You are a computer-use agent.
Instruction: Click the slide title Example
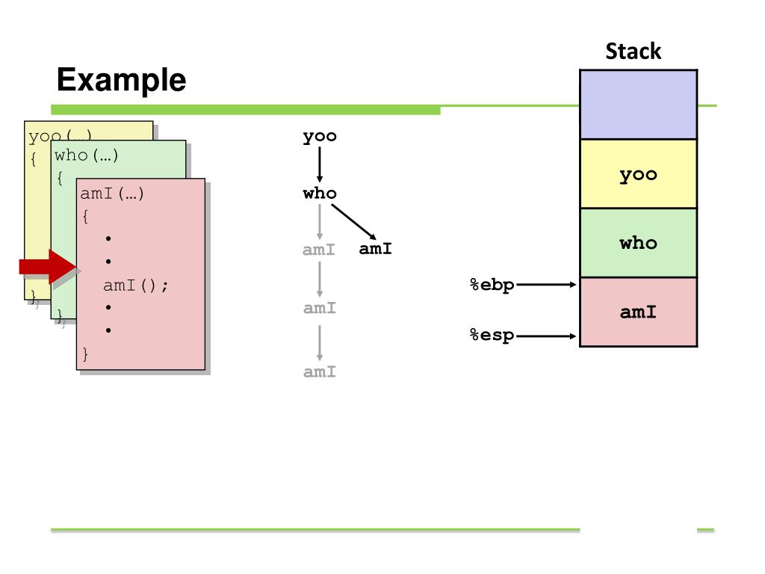coord(122,80)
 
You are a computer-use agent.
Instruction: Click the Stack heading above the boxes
coord(634,52)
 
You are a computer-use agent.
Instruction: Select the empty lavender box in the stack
coord(638,105)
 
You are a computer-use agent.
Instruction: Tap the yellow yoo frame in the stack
coord(638,173)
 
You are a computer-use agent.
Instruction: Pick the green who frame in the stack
coord(638,243)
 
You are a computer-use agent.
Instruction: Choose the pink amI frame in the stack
coord(638,312)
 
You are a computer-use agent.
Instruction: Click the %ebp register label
coord(492,285)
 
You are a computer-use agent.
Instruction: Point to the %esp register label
coord(492,336)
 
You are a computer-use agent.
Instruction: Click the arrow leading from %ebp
coord(546,285)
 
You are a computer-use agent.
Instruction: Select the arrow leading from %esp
coord(546,336)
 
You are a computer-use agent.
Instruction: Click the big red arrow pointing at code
coord(48,267)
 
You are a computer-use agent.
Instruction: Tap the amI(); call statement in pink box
coord(136,285)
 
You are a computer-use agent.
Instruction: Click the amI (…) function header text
coord(112,194)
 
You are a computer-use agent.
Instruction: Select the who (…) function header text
coord(87,155)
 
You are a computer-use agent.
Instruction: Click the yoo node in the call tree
coord(320,136)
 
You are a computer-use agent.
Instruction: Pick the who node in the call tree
coord(320,194)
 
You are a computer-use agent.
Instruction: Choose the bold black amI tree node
coord(375,249)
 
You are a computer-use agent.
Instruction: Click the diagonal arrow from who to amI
coord(353,222)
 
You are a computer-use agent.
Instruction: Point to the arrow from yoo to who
coord(320,164)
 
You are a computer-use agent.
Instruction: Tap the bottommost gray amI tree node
coord(320,372)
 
